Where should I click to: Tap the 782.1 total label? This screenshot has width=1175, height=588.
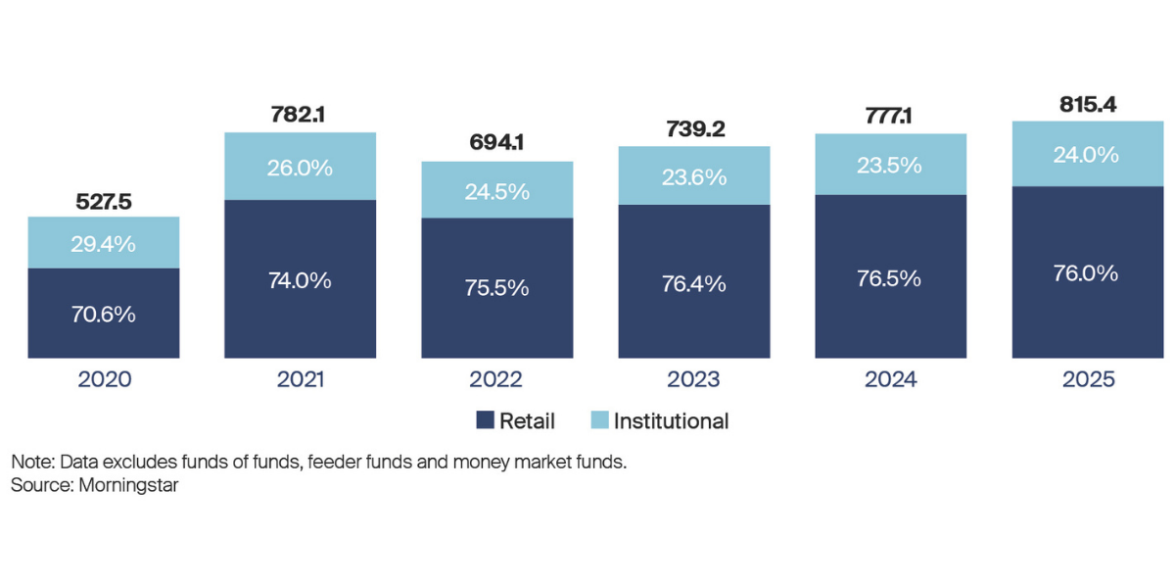[x=300, y=116]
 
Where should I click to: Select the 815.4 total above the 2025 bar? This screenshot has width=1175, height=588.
[x=1088, y=105]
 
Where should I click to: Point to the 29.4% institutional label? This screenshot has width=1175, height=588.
[x=104, y=244]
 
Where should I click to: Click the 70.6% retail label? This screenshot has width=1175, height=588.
[x=104, y=315]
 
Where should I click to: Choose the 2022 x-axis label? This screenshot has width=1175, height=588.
[x=497, y=379]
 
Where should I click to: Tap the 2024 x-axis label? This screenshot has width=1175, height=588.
[x=891, y=379]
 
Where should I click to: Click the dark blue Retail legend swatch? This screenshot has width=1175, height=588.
[x=484, y=421]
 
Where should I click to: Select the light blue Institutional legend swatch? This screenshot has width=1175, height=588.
[x=598, y=421]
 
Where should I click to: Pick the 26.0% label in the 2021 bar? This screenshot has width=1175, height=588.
[x=300, y=168]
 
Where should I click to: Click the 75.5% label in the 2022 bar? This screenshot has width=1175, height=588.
[x=497, y=288]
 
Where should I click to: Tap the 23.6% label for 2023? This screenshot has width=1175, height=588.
[x=694, y=177]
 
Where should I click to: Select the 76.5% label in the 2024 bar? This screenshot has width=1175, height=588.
[x=891, y=277]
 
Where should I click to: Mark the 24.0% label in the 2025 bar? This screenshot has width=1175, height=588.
[x=1088, y=155]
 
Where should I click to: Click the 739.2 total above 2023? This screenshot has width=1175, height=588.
[x=694, y=130]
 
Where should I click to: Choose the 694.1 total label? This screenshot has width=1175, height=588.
[x=497, y=143]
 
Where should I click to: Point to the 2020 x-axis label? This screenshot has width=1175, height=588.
[x=104, y=379]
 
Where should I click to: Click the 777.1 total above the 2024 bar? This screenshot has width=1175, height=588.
[x=891, y=118]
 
